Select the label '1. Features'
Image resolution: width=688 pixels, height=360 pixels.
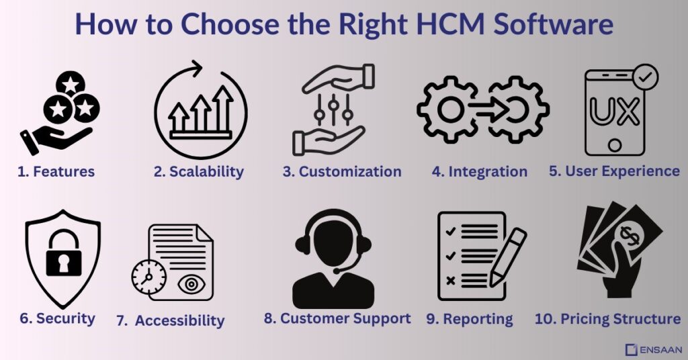pyautogui.click(x=56, y=172)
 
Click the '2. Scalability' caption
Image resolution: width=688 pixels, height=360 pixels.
pyautogui.click(x=198, y=172)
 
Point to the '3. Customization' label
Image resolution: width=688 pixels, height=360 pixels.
pyautogui.click(x=342, y=172)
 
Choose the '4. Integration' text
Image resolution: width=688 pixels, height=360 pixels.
pyautogui.click(x=479, y=172)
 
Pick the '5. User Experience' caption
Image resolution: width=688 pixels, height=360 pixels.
pyautogui.click(x=614, y=171)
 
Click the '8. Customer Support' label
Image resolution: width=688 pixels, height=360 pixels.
pyautogui.click(x=337, y=318)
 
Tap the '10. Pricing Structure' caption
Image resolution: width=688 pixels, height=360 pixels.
pyautogui.click(x=607, y=318)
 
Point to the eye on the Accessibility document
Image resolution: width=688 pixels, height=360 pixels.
pyautogui.click(x=191, y=283)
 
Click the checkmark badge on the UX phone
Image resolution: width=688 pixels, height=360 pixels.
pyautogui.click(x=645, y=77)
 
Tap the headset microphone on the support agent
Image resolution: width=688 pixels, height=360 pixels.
pyautogui.click(x=335, y=270)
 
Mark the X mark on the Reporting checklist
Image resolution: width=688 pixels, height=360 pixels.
pyautogui.click(x=450, y=279)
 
